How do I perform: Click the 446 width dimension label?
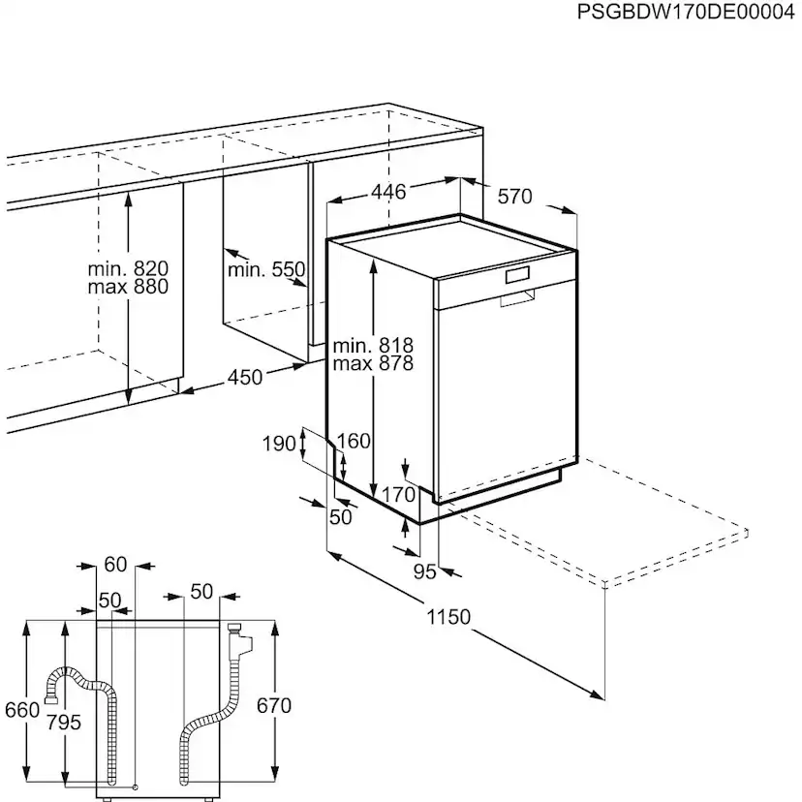[x=387, y=192]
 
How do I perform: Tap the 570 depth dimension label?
[x=514, y=197]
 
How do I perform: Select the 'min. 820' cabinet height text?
[x=128, y=268]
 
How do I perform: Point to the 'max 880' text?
[x=128, y=287]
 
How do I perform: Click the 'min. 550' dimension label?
[x=266, y=269]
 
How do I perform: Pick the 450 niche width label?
[x=245, y=377]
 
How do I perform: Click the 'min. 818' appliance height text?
[x=373, y=346]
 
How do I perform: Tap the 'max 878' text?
[x=373, y=364]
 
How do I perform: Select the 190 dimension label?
[x=278, y=445]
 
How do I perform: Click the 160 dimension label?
[x=353, y=442]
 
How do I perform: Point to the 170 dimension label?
[x=397, y=495]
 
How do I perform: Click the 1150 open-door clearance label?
[x=447, y=617]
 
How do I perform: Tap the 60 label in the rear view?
[x=115, y=565]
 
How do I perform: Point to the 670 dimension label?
[x=273, y=706]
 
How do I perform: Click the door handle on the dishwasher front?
[x=517, y=298]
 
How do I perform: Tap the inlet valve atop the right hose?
[x=237, y=639]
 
